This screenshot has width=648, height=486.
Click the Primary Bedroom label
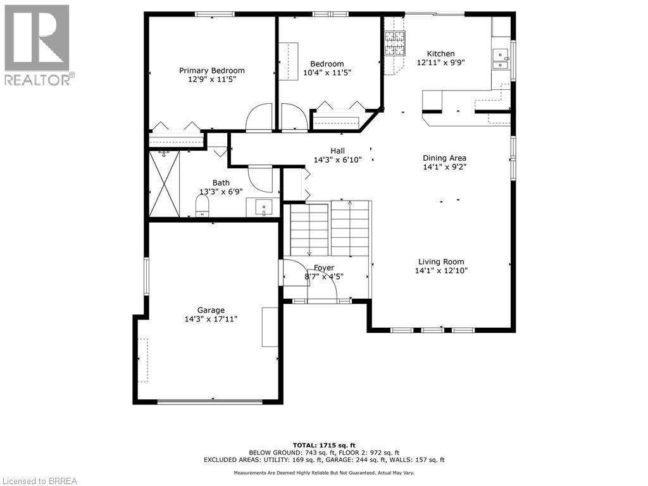tap(211, 70)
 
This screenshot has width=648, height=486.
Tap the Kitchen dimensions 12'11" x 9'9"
tap(440, 63)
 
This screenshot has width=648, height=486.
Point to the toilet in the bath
tap(202, 205)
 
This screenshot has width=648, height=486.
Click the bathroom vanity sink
tap(263, 207)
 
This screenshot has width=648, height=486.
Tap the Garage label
tap(211, 310)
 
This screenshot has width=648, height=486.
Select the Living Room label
tap(440, 261)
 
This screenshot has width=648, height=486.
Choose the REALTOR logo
tap(37, 44)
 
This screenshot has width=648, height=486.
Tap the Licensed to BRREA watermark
tap(39, 480)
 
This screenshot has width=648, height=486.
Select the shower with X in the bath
tap(165, 184)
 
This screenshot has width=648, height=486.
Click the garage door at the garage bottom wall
tap(209, 401)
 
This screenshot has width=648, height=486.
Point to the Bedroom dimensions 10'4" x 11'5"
tap(327, 73)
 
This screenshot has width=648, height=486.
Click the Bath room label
tap(221, 183)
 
